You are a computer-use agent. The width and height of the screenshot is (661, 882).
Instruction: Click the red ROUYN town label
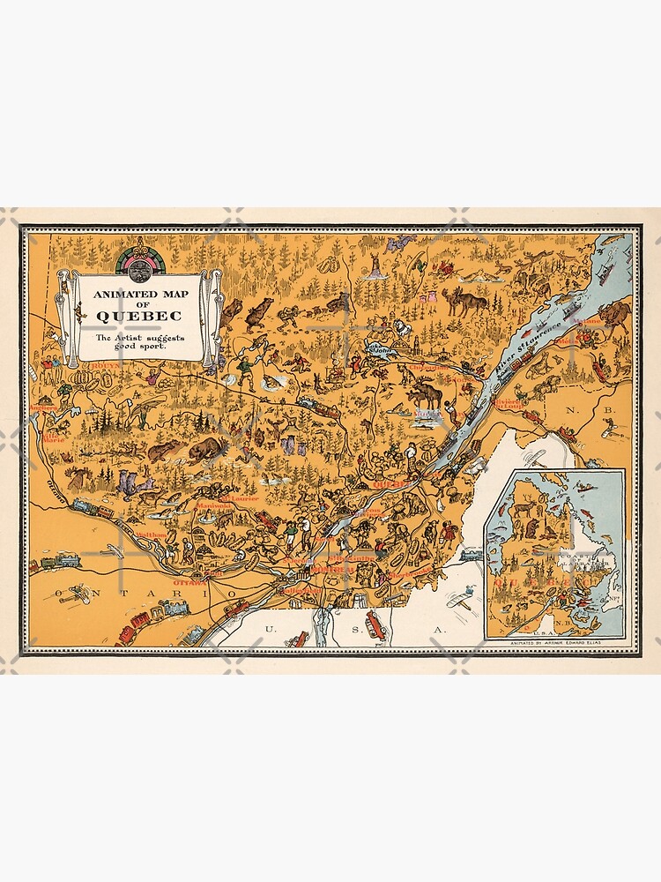[105, 363]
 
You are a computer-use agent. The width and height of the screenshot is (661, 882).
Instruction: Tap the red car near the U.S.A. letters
[375, 627]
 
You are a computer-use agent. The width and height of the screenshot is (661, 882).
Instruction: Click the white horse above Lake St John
[402, 328]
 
